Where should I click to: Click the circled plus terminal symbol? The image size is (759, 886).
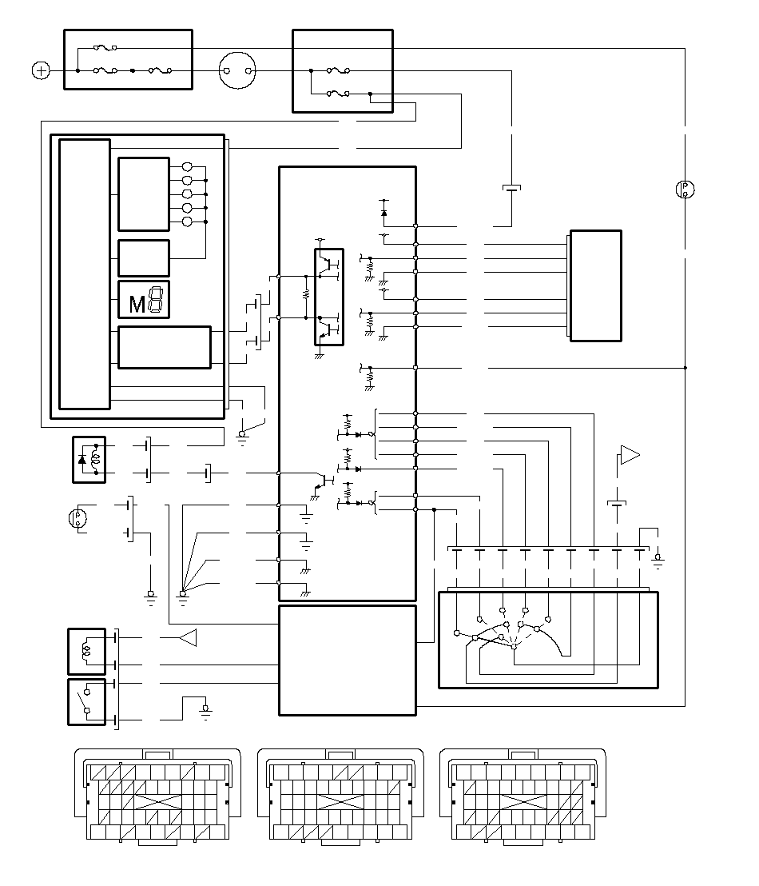[x=40, y=71]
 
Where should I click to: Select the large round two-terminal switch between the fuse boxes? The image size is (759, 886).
[x=237, y=71]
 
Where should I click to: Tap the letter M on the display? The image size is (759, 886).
[x=137, y=304]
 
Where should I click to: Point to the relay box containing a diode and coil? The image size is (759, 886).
[x=89, y=459]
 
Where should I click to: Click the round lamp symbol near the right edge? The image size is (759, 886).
[x=685, y=190]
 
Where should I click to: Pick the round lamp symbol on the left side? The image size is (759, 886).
[x=77, y=517]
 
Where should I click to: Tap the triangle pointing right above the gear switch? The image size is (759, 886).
[x=630, y=456]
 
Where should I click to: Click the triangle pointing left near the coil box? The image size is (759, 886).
[x=188, y=637]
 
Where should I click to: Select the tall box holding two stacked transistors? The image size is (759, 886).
[x=328, y=297]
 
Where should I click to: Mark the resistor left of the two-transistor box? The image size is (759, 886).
[x=305, y=293]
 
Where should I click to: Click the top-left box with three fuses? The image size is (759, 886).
[x=128, y=60]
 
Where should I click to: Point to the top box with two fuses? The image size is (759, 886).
[x=343, y=71]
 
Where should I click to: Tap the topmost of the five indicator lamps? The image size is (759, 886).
[x=188, y=167]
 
